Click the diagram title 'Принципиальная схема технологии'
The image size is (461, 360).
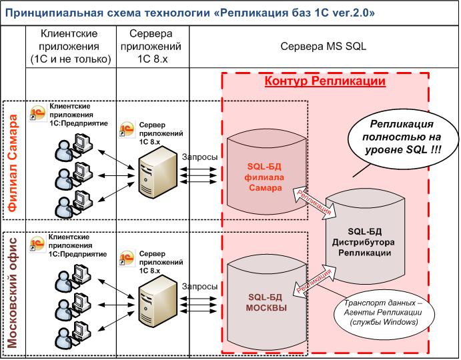[x=127, y=12]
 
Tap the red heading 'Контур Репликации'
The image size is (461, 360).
[x=326, y=81]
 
